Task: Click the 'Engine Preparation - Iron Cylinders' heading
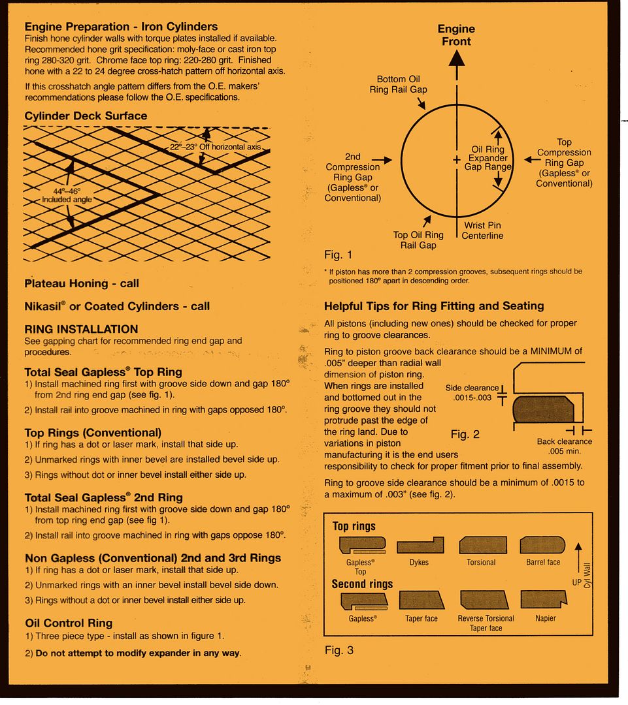coord(121,27)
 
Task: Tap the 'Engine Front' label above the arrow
coord(456,35)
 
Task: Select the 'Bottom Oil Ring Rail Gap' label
coord(399,84)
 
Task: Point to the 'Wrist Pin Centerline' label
coord(482,230)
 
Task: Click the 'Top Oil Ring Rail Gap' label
coord(418,240)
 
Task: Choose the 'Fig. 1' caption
coord(338,255)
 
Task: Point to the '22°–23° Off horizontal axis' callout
coord(216,148)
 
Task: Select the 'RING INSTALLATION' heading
coord(81,329)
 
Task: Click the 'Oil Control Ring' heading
coord(69,623)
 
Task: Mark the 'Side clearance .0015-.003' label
coord(472,392)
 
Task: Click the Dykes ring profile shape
coord(420,545)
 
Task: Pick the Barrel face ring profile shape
coord(542,545)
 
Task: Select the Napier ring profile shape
coord(544,600)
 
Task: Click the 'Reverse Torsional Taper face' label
coord(486,623)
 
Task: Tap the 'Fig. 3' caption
coord(339,651)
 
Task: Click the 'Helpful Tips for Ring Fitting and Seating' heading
coord(434,305)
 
